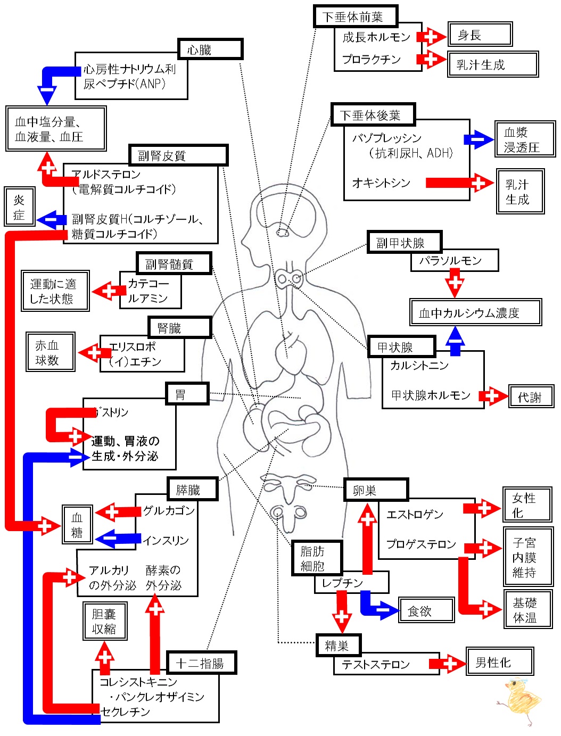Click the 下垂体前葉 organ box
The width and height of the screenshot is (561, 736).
pyautogui.click(x=356, y=16)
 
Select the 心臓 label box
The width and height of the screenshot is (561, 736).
pyautogui.click(x=210, y=49)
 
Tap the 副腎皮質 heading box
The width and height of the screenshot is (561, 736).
pyautogui.click(x=178, y=155)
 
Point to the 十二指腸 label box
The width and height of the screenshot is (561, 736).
pyautogui.click(x=202, y=663)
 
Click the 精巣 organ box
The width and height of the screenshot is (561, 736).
pyautogui.click(x=339, y=645)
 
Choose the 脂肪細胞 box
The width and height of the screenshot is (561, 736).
pyautogui.click(x=317, y=558)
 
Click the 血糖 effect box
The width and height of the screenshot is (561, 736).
pyautogui.click(x=77, y=524)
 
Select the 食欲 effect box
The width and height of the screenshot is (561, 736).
pyautogui.click(x=426, y=609)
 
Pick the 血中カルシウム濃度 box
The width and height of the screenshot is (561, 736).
pyautogui.click(x=475, y=312)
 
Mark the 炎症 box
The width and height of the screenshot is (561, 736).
pyautogui.click(x=20, y=206)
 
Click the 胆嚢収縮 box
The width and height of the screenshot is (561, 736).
pyautogui.click(x=105, y=621)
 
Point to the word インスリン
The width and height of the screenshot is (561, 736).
pyautogui.click(x=166, y=540)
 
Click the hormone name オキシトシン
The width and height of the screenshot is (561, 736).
pyautogui.click(x=381, y=183)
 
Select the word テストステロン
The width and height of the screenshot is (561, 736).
pyautogui.click(x=376, y=664)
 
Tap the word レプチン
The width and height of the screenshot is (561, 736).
pyautogui.click(x=342, y=583)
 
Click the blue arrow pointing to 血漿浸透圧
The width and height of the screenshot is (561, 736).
pyautogui.click(x=479, y=139)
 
